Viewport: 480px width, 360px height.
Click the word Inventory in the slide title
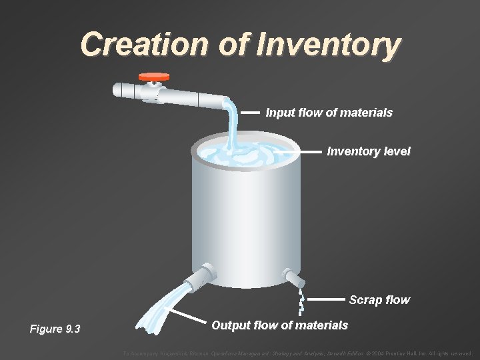tap(329, 45)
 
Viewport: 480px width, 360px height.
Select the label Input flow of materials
tap(329, 113)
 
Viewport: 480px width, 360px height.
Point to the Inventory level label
tap(369, 151)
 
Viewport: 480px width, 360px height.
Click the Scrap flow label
tap(379, 300)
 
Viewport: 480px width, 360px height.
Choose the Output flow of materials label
tap(279, 325)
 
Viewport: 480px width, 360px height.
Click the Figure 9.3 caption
tap(55, 329)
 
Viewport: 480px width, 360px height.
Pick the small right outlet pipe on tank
tap(291, 277)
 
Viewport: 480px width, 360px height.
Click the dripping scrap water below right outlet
tap(301, 303)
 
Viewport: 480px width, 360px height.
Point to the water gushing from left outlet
tap(160, 310)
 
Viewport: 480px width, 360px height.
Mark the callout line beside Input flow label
tap(250, 113)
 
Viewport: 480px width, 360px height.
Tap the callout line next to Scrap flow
tap(328, 300)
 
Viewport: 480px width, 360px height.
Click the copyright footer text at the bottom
tap(297, 353)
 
